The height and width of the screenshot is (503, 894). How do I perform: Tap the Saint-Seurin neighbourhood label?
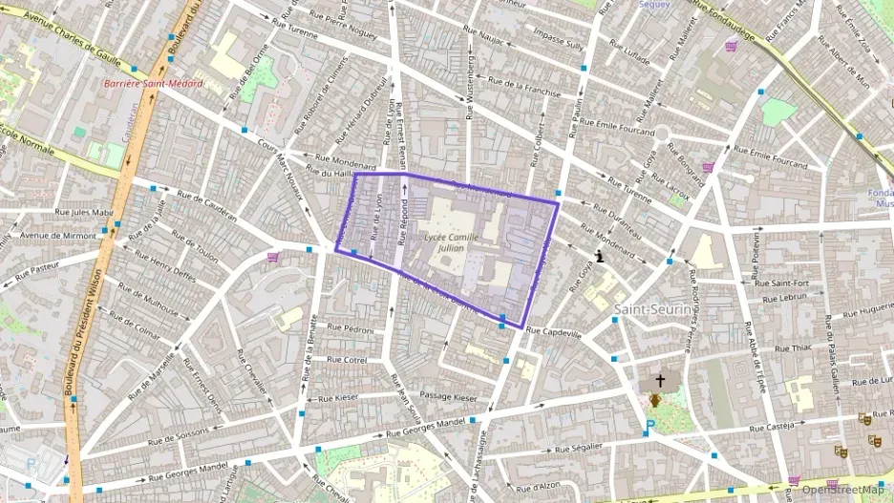tap(652, 309)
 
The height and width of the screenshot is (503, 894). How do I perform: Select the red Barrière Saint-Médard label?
tap(153, 83)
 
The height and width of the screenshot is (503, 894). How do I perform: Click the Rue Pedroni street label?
tap(347, 329)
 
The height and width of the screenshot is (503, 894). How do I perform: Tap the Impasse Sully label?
tap(559, 44)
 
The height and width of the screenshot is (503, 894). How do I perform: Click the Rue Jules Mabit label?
tap(85, 212)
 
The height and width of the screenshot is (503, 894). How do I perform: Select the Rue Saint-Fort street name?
tap(782, 283)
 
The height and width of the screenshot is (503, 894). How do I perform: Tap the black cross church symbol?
tap(659, 380)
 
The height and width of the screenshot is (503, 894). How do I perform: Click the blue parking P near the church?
tap(650, 426)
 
